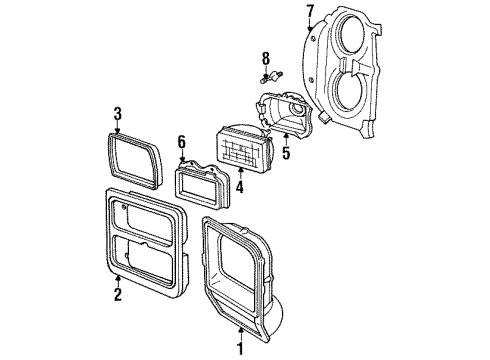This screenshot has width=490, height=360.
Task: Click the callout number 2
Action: tap(118, 294)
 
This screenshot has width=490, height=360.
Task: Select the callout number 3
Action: tap(117, 113)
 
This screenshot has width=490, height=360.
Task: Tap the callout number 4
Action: tap(240, 185)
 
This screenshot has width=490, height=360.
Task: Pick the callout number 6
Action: tap(181, 142)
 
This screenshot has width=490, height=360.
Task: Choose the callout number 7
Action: tap(310, 11)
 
